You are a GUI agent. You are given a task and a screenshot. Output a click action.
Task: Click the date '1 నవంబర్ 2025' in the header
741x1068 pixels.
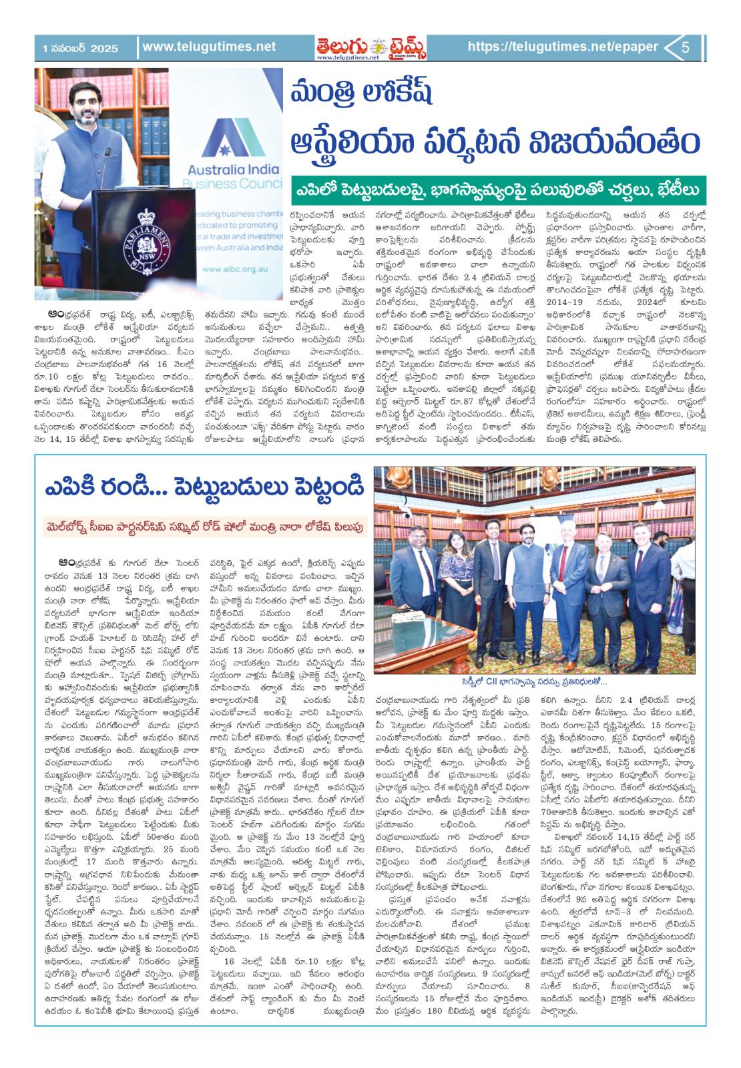point(79,48)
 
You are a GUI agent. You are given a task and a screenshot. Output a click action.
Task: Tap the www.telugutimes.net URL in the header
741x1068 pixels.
point(208,47)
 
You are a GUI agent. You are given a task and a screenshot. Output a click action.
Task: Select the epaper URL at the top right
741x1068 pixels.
point(563,47)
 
